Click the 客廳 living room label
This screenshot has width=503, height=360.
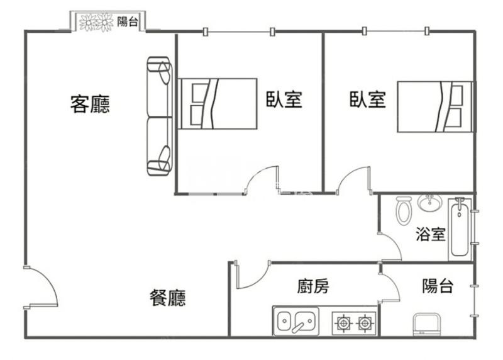[89, 104]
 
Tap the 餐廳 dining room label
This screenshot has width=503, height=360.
[168, 297]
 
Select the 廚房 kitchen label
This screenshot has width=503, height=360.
[312, 287]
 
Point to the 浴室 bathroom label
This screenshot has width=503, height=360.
[431, 235]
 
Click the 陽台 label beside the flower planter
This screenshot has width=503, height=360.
[128, 22]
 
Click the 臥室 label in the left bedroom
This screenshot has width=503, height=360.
[284, 99]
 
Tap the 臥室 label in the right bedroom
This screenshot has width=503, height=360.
[368, 99]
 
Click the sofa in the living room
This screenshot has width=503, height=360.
[159, 116]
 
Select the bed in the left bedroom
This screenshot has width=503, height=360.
[218, 103]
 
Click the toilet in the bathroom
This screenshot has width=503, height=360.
[404, 210]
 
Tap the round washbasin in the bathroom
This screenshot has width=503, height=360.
[430, 203]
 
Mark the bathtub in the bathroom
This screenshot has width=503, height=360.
[460, 227]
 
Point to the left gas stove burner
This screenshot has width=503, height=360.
[343, 323]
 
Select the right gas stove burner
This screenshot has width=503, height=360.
[365, 323]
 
